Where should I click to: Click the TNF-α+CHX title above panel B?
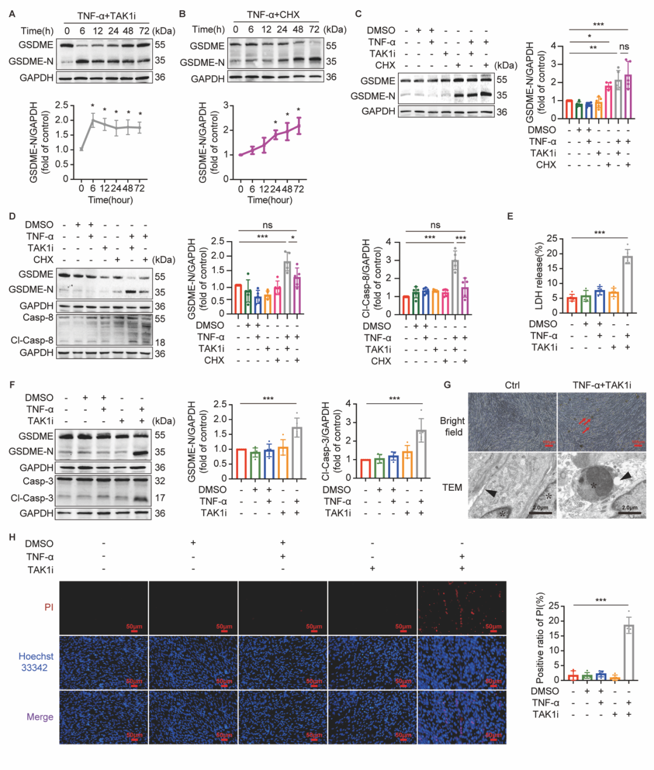tap(272, 15)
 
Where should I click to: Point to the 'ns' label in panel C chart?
tap(624, 47)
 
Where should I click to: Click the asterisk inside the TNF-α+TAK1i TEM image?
tap(593, 486)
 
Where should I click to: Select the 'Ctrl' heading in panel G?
tap(512, 385)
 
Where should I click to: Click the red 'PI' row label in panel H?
tap(48, 606)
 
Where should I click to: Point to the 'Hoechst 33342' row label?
tap(36, 662)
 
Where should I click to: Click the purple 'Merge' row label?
tap(40, 717)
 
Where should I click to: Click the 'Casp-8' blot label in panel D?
tap(38, 317)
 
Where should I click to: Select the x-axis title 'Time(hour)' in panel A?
tap(110, 200)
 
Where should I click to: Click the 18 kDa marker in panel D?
tap(160, 342)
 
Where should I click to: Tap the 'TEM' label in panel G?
tap(452, 487)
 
